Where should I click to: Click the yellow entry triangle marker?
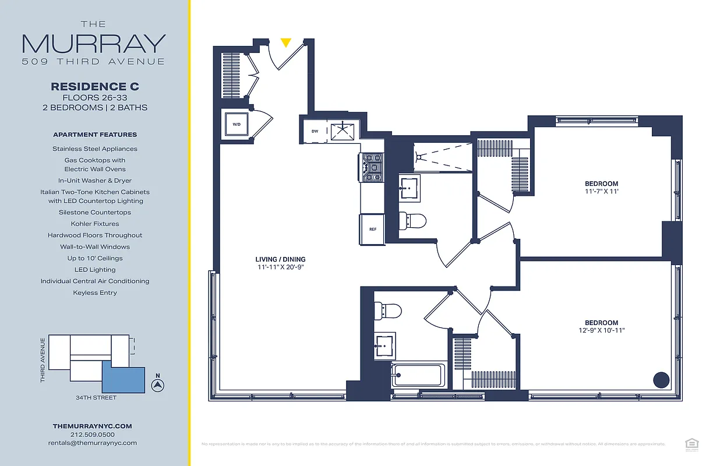point(285,43)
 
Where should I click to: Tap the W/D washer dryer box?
point(237,124)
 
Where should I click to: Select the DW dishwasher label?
point(315,131)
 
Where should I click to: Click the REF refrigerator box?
point(372,229)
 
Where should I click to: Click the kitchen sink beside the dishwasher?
point(343,131)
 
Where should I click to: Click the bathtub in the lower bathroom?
point(418,375)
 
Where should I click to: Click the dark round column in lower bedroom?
point(661,380)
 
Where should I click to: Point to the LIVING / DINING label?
point(280,259)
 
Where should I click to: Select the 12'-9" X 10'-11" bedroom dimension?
point(601,331)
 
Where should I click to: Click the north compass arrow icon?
point(156,384)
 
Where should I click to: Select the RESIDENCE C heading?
point(95,86)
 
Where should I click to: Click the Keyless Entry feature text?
point(95,292)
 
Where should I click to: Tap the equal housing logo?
point(691,444)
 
